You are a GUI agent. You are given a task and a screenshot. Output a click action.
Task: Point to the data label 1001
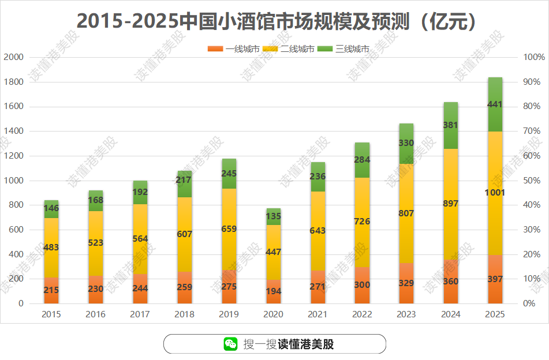[495, 193]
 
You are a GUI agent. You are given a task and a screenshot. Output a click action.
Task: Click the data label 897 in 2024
[451, 204]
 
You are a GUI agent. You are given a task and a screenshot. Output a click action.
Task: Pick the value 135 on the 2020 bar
[273, 217]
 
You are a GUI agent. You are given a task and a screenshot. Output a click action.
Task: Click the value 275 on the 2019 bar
[229, 286]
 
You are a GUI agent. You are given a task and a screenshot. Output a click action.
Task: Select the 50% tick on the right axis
[533, 181]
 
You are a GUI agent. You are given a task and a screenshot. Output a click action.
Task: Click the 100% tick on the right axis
[533, 57]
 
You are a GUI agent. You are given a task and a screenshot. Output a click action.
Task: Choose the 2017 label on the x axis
[140, 314]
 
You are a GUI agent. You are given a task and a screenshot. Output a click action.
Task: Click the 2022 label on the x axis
[362, 314]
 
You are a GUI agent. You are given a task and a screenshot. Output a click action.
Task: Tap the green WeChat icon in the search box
[231, 344]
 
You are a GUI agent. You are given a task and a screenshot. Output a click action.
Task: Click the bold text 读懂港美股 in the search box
[306, 344]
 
